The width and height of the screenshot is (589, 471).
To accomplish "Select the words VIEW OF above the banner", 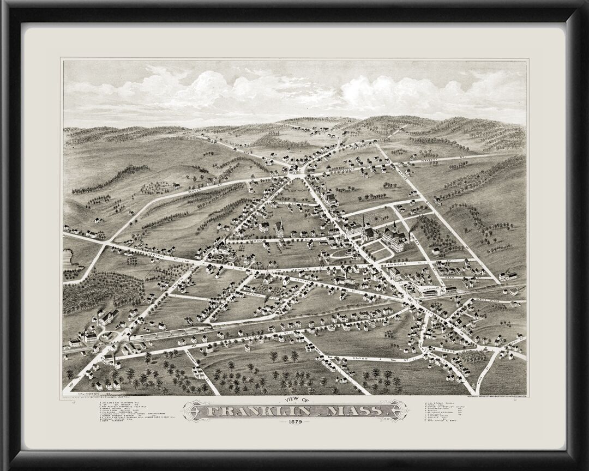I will point(294,398).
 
